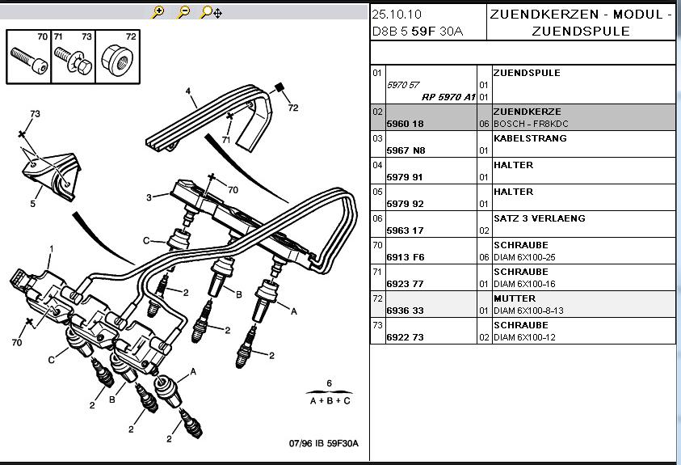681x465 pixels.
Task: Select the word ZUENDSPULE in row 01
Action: coord(526,73)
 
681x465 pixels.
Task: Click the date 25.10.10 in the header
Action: coord(397,15)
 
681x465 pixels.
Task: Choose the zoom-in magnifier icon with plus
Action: coord(158,12)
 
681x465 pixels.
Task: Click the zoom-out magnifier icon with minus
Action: coord(183,12)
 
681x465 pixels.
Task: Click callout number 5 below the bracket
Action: coord(33,204)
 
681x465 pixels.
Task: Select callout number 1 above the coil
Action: coord(51,248)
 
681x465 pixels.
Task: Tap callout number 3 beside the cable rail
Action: coord(149,197)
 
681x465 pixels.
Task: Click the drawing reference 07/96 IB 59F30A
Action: coord(323,443)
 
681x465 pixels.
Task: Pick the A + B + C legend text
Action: coord(330,400)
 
